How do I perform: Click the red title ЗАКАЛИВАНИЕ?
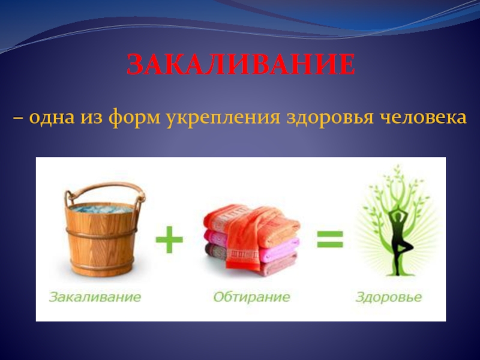[241, 65]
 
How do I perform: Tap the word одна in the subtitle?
[52, 117]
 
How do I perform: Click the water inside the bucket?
[101, 209]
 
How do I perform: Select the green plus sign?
[169, 239]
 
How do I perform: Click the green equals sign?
[329, 239]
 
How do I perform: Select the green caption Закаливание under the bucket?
[95, 297]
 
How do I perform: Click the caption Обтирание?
[251, 297]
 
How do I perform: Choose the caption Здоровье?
[389, 297]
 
